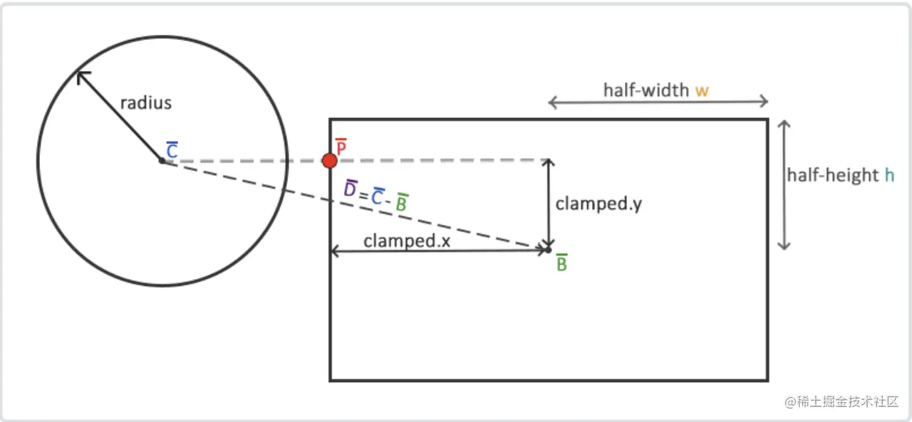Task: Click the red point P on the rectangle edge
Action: tap(329, 161)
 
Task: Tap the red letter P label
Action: tap(341, 147)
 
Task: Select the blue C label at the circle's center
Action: tap(172, 149)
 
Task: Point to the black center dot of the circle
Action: tap(162, 161)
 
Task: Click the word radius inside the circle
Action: tap(146, 103)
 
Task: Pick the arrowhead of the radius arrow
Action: tap(82, 76)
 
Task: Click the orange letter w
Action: tap(702, 90)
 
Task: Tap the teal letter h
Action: tap(890, 175)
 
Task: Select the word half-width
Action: tap(646, 90)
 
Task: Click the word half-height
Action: tap(833, 175)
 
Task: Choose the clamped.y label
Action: tap(598, 204)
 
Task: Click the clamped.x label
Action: tap(407, 241)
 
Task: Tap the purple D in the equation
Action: tap(350, 189)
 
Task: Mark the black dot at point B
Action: tap(549, 250)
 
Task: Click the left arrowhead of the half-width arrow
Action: tap(551, 102)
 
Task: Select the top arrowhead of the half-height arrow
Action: tap(784, 123)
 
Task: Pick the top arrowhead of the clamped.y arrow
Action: tap(549, 162)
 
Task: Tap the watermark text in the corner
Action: tap(841, 401)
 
